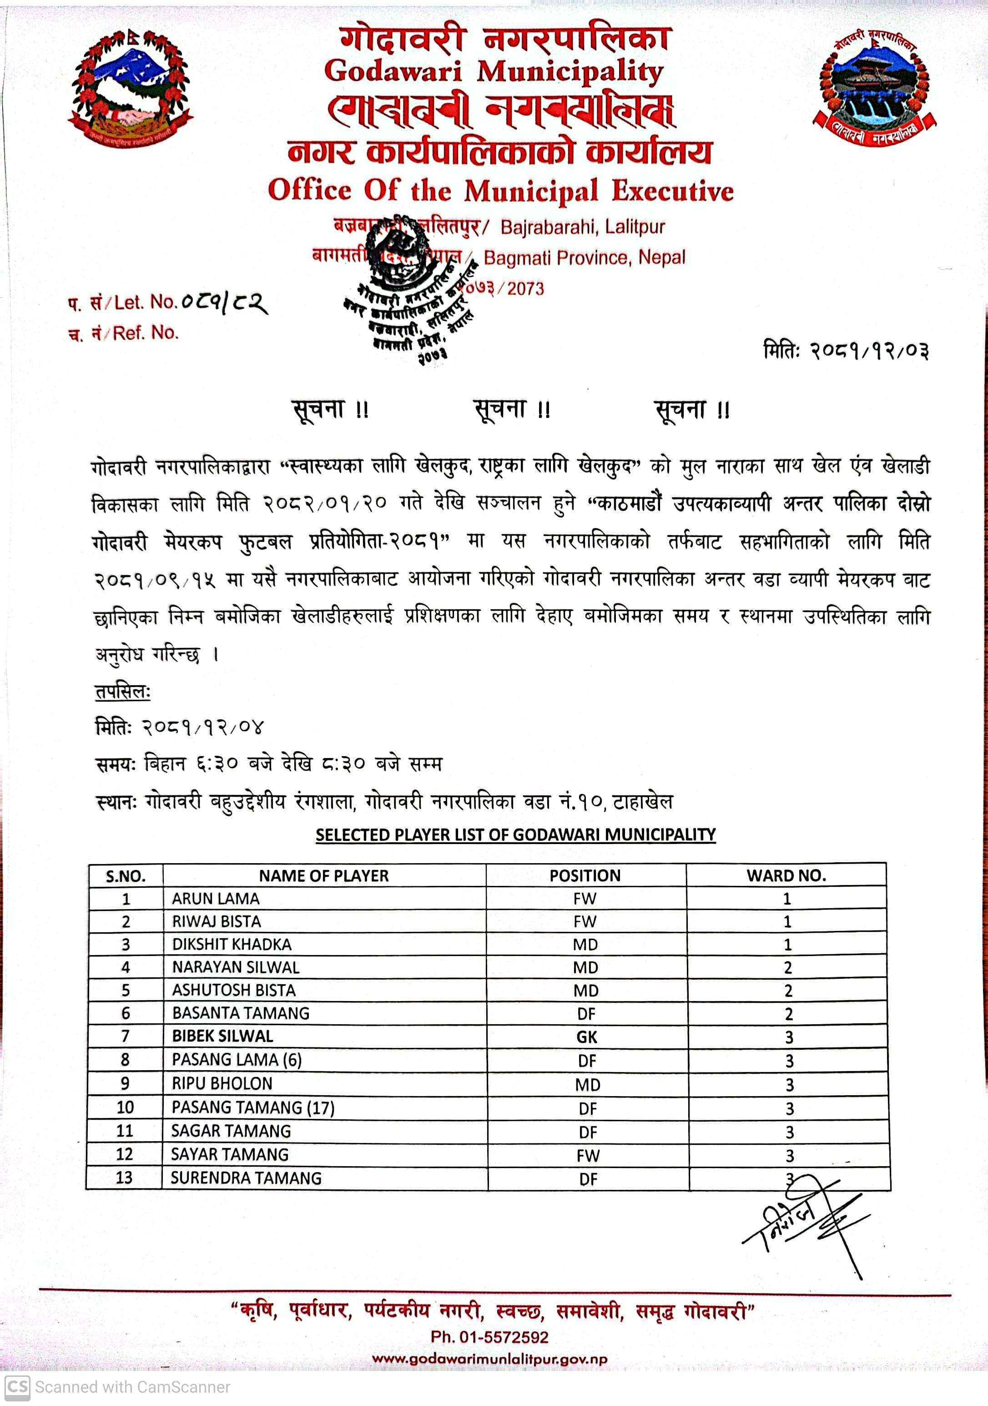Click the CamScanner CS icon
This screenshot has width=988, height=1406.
[16, 1386]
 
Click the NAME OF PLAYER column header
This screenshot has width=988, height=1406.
[324, 876]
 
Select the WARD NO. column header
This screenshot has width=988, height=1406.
[786, 876]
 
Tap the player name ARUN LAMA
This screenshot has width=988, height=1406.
[216, 898]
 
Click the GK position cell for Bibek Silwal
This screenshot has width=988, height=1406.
[586, 1037]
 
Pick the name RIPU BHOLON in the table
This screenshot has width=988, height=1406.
[222, 1083]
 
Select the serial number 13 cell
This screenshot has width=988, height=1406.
[124, 1178]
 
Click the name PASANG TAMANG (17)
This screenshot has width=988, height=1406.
[253, 1107]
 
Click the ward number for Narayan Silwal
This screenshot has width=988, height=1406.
[788, 967]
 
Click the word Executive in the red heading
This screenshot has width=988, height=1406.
[673, 191]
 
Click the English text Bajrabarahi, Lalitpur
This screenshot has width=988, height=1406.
[582, 227]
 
